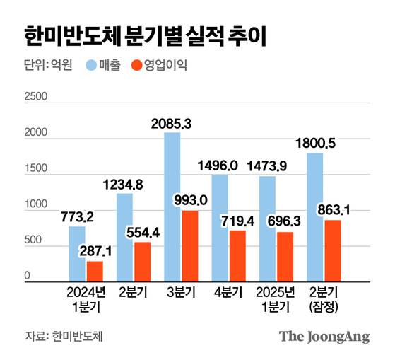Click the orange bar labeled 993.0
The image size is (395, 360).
tap(189, 246)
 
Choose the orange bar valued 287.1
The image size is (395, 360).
tap(95, 272)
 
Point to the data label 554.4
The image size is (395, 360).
tap(142, 232)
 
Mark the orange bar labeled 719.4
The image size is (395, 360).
tap(237, 256)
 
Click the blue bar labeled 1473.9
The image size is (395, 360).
tap(267, 229)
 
